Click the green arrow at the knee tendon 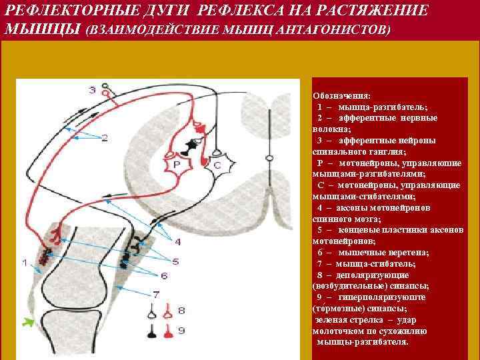click(x=27, y=324)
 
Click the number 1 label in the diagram click(x=25, y=263)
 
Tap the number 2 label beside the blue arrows click(x=105, y=138)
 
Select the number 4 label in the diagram click(x=177, y=241)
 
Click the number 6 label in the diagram click(x=164, y=275)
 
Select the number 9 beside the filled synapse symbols click(x=182, y=330)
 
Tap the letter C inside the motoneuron click(x=217, y=164)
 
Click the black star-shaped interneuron click(x=193, y=143)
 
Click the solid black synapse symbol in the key click(x=153, y=329)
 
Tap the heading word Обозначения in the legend click(x=343, y=96)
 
